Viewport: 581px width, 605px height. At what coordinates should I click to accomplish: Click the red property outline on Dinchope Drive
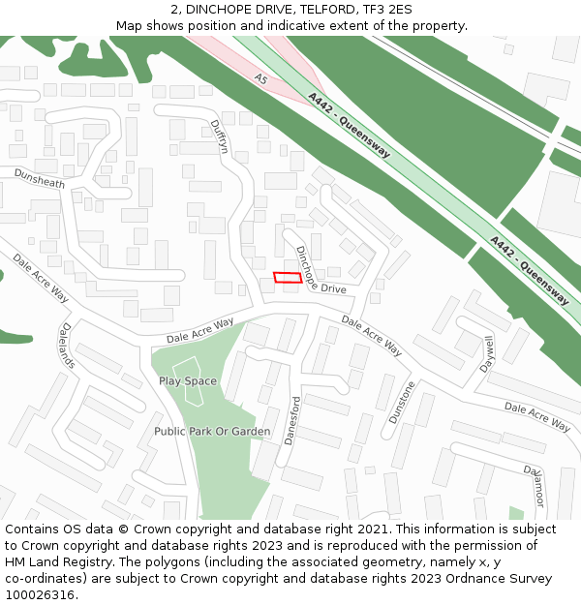(287, 278)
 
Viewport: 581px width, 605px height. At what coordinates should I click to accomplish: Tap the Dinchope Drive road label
(320, 271)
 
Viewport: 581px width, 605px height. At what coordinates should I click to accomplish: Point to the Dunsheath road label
(39, 178)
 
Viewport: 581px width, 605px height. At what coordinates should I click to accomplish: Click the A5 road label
(260, 77)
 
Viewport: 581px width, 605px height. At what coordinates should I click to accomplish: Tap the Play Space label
(188, 381)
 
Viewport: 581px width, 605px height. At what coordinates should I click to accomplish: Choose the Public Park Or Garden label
(212, 431)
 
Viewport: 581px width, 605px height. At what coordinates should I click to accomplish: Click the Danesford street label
(291, 420)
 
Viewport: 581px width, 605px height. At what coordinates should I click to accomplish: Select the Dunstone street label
(401, 403)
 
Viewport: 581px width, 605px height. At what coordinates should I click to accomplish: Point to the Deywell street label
(487, 353)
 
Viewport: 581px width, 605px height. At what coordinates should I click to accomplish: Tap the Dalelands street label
(67, 346)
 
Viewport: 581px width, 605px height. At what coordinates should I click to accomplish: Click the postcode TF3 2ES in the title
(386, 10)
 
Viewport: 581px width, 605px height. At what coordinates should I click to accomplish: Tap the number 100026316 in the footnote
(39, 595)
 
